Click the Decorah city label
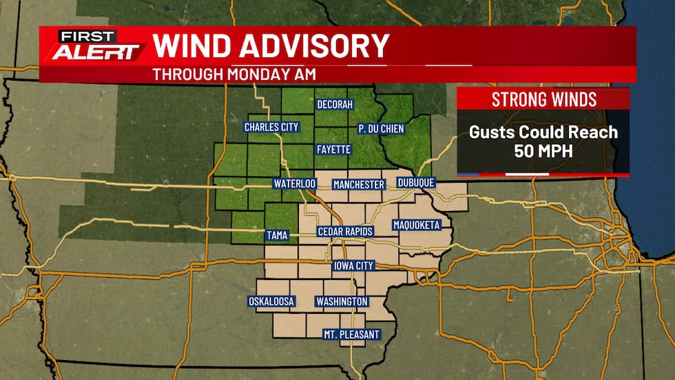(334, 105)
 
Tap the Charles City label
(271, 127)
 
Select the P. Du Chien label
(381, 129)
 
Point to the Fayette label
(334, 149)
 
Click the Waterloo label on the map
(294, 184)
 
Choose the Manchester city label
(358, 185)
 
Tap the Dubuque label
(416, 183)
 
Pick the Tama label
(277, 236)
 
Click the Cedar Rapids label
(345, 232)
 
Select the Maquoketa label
(416, 225)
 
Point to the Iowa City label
(353, 266)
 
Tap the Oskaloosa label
(271, 301)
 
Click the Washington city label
(342, 301)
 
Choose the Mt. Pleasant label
(351, 334)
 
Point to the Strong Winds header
(543, 99)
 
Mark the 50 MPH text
(543, 150)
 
